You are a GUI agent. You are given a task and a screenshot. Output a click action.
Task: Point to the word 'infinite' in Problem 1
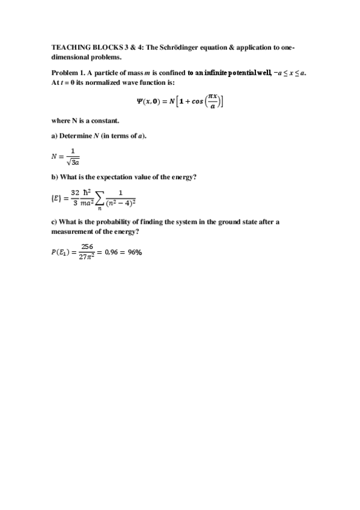(x=219, y=73)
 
